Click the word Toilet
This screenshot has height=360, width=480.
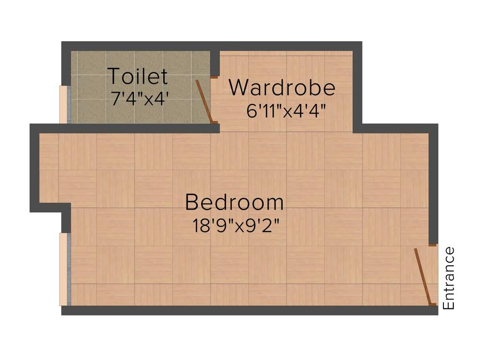pyautogui.click(x=137, y=76)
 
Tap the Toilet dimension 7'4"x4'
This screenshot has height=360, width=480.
pyautogui.click(x=140, y=98)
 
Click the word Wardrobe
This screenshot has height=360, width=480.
pyautogui.click(x=282, y=88)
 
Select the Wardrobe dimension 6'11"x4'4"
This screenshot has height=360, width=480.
pyautogui.click(x=285, y=112)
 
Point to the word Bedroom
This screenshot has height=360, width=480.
pyautogui.click(x=234, y=202)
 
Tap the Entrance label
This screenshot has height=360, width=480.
pyautogui.click(x=449, y=278)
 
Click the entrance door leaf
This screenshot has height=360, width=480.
pyautogui.click(x=422, y=277)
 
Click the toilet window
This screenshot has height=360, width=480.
pyautogui.click(x=65, y=104)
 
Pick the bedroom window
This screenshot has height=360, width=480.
pyautogui.click(x=65, y=270)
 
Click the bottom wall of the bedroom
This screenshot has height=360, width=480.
pyautogui.click(x=248, y=310)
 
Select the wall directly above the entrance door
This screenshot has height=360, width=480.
pyautogui.click(x=433, y=187)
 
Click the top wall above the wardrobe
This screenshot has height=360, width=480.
pyautogui.click(x=286, y=46)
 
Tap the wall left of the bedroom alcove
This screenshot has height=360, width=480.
pyautogui.click(x=34, y=169)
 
